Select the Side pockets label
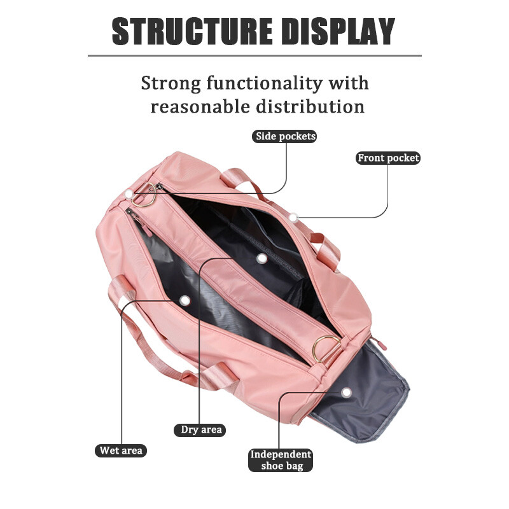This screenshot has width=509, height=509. [285, 136]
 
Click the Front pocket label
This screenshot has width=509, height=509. [388, 158]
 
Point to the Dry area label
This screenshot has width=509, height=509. [201, 430]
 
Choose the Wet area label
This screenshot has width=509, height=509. [121, 450]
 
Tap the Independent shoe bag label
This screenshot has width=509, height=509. [281, 460]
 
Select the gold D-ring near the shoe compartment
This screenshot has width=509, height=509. [326, 348]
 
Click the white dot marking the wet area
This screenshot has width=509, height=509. [185, 300]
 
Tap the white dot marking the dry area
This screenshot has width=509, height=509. [261, 258]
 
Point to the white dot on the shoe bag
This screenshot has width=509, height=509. [346, 393]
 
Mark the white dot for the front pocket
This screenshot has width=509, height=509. [293, 218]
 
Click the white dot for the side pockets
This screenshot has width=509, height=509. [129, 192]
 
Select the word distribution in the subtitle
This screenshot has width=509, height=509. [311, 106]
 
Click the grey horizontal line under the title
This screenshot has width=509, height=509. [254, 55]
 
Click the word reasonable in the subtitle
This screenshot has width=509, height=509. [201, 106]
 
